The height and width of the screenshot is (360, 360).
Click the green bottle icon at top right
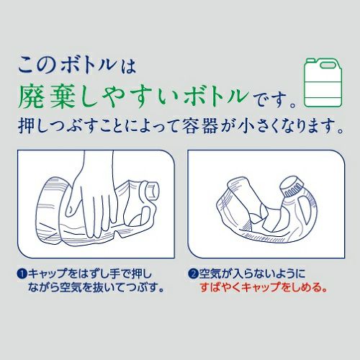(323, 82)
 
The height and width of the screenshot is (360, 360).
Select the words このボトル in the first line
(68, 65)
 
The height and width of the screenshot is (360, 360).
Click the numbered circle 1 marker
(22, 274)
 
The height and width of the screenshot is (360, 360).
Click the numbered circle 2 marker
(193, 274)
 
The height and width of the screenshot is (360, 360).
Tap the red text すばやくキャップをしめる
(264, 287)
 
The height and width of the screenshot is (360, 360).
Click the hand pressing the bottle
(94, 194)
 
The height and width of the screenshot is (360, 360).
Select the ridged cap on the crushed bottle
(292, 186)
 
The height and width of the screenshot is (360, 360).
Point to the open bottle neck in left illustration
(152, 190)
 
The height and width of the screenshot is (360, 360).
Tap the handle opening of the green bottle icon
(328, 65)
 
